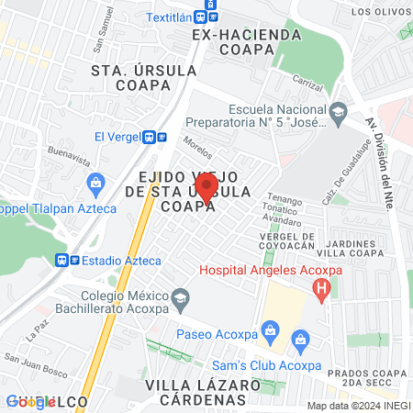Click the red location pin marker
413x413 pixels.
(206, 186)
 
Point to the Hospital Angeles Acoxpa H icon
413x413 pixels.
(321, 292)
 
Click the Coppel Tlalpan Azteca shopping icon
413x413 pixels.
(95, 183)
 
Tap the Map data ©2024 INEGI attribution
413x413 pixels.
(358, 406)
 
